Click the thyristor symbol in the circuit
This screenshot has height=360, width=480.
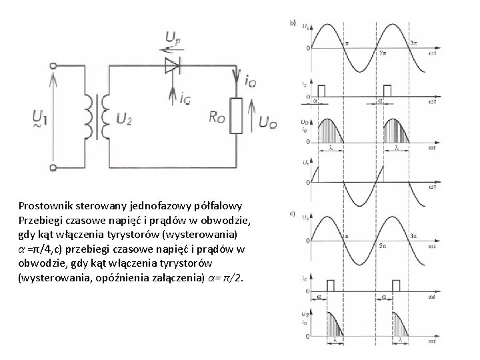pos(173,65)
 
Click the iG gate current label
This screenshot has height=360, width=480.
pos(187,98)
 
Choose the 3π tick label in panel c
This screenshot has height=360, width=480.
pos(414,235)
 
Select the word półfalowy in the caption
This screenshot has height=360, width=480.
pos(224,205)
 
